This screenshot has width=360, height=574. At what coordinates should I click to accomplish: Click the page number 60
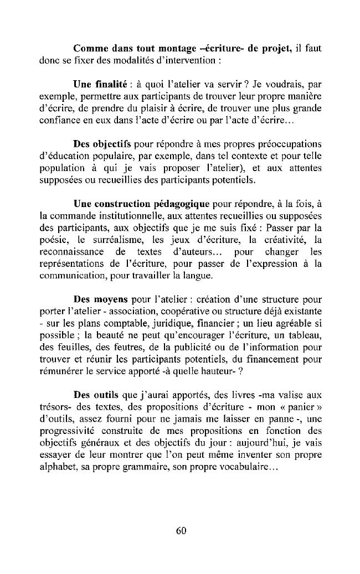(x=181, y=530)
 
